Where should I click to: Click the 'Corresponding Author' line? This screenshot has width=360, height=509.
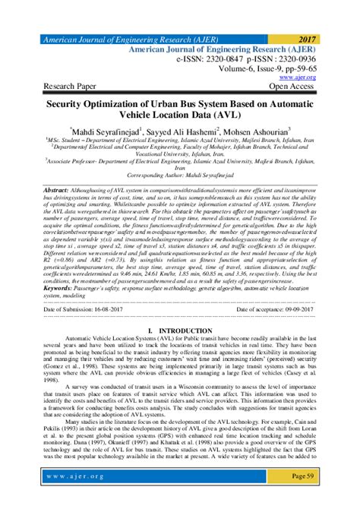[179, 195]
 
